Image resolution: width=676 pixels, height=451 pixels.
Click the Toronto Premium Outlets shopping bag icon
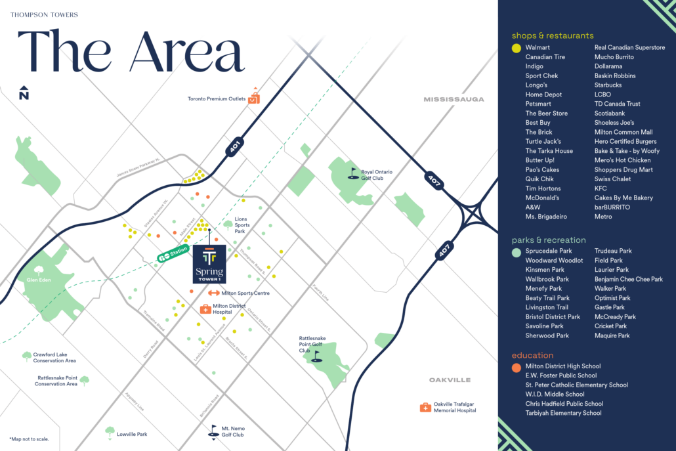pos(253,98)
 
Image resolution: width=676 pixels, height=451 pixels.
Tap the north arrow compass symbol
pos(24,93)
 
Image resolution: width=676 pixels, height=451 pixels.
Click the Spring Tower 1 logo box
pos(209,264)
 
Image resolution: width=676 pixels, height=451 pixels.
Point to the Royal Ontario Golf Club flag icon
pos(354,173)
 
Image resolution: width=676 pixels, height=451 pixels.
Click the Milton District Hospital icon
pos(205,309)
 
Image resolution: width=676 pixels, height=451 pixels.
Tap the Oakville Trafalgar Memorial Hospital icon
pos(425,407)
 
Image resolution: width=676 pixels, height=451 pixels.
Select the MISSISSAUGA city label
pos(454,99)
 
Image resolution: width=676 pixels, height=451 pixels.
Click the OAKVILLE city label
pos(450,380)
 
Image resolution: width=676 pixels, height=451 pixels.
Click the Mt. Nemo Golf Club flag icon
pos(212,430)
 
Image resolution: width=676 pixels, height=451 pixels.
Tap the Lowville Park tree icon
pos(110,432)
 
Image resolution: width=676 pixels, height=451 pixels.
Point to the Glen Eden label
pos(39,279)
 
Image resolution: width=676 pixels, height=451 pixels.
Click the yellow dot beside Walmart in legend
pos(517,48)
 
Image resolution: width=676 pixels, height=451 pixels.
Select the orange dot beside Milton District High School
pos(517,366)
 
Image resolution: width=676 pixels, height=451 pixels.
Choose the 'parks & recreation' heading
pos(549,240)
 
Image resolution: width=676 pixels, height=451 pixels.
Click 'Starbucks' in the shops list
pos(608,85)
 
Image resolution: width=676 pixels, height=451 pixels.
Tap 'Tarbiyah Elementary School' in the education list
pos(563,413)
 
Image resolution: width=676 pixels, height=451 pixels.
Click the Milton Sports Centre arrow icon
pos(214,293)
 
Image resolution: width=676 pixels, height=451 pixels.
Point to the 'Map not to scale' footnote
pos(29,439)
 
